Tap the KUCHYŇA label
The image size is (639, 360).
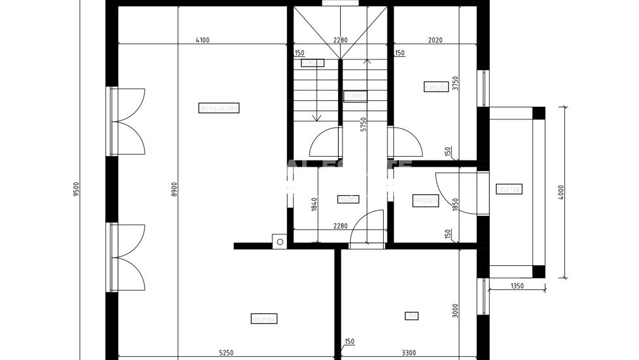(x=264, y=319)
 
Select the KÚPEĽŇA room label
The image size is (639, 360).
(x=436, y=87)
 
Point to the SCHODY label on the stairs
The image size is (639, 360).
(x=356, y=96)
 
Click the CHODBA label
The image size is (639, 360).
(x=348, y=199)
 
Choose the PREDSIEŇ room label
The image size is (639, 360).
(x=425, y=201)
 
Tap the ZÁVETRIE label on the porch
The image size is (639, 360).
(x=509, y=189)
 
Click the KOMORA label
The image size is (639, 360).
(x=312, y=63)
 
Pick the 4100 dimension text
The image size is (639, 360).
(x=202, y=40)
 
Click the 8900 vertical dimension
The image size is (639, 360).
(x=174, y=189)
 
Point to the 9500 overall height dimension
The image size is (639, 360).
(x=76, y=189)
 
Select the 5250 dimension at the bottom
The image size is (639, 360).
(x=226, y=352)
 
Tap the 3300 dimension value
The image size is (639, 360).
(x=409, y=352)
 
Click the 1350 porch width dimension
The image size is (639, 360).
(x=516, y=286)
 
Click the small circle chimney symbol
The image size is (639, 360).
(x=279, y=240)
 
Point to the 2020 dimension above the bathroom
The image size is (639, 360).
(x=435, y=40)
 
